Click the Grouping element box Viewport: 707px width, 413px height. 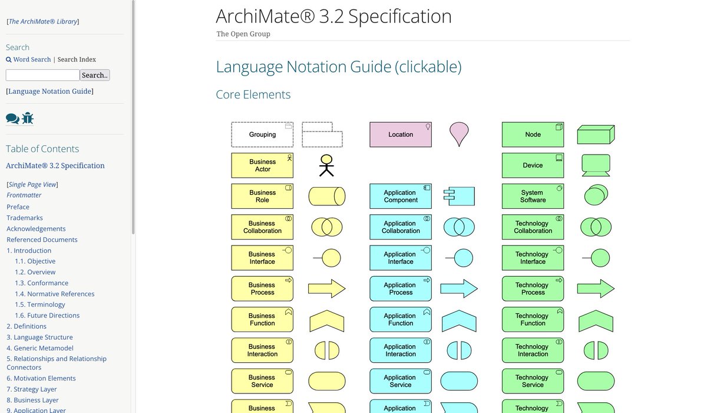262,135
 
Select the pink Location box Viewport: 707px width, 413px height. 401,135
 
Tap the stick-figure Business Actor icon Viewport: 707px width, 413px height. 326,166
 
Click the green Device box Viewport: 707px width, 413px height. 533,165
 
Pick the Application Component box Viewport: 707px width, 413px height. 401,196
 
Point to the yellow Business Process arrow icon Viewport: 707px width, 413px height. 326,289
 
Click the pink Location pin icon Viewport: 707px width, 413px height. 459,133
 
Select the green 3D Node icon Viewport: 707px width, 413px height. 596,135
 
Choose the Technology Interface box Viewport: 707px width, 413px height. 533,258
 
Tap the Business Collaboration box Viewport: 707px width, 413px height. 262,227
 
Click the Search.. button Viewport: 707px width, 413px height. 95,75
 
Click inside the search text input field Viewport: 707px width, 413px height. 42,75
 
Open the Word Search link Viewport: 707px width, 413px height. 32,60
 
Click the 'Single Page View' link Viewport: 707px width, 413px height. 33,185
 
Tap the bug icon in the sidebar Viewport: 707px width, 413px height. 28,119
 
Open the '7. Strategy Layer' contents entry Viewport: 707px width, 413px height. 32,389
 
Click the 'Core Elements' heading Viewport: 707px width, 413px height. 253,94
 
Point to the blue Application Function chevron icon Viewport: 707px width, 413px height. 459,320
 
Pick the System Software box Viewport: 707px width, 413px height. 533,196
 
